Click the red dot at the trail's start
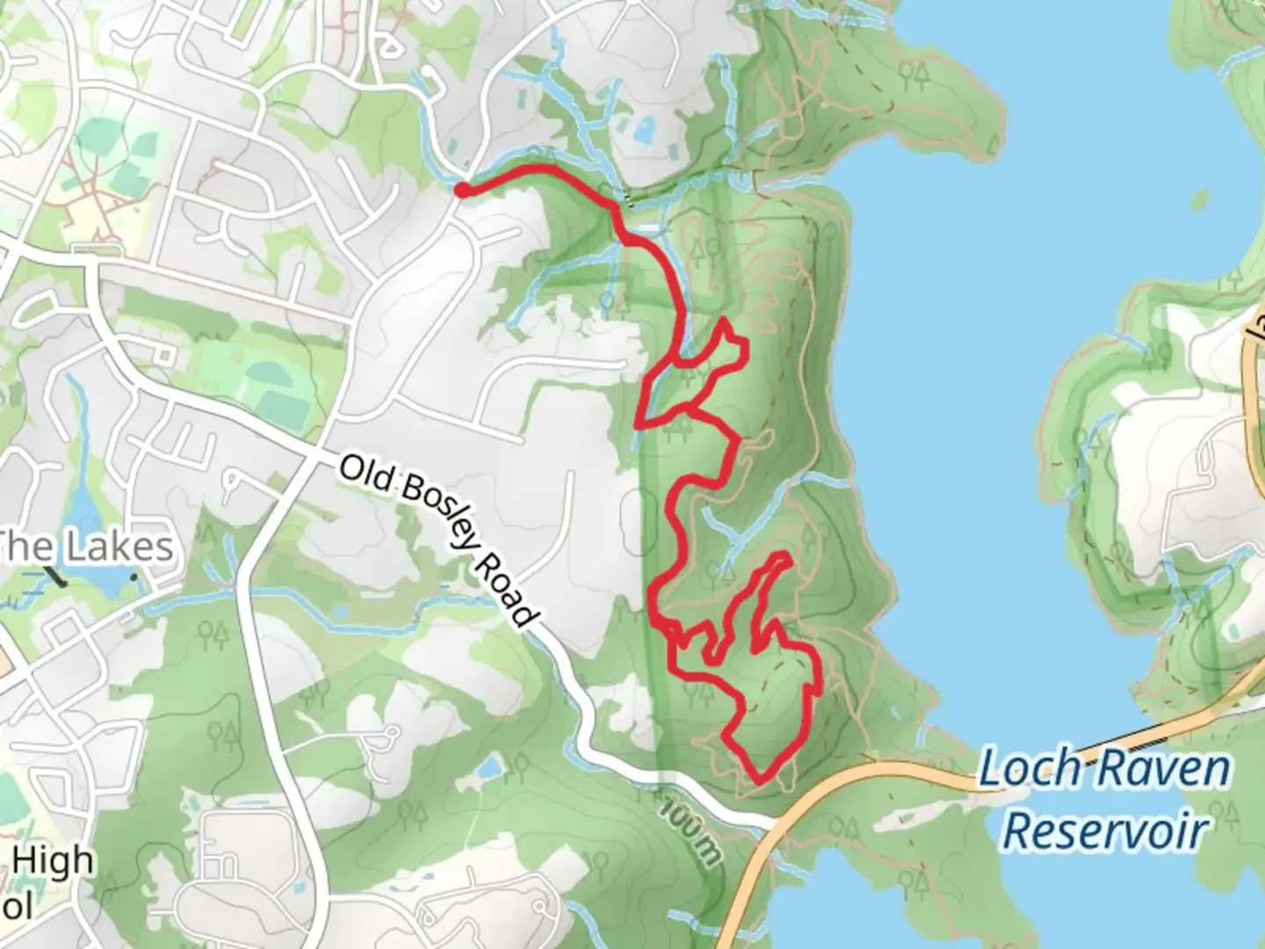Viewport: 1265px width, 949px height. (460, 189)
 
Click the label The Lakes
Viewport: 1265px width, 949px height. (85, 547)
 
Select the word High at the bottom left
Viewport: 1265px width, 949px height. (52, 860)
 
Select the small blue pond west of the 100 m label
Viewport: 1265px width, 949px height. (491, 770)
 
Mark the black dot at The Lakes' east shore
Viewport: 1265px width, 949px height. (134, 576)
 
